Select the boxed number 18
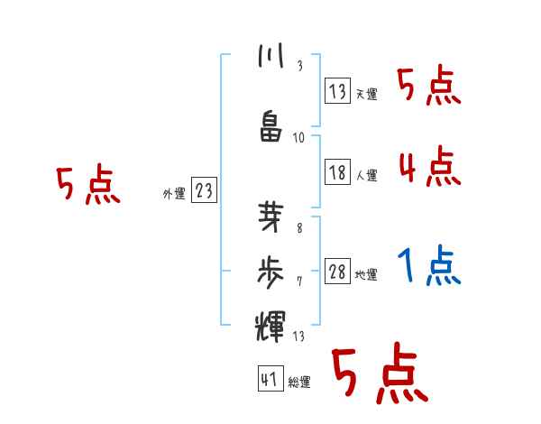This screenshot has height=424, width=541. [338, 172]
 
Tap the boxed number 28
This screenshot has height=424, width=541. [338, 272]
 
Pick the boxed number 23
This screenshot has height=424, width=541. [205, 190]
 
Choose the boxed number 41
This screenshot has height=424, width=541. [269, 379]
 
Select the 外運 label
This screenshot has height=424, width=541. [174, 193]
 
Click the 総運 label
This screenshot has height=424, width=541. [298, 383]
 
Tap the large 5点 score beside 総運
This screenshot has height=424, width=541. [378, 374]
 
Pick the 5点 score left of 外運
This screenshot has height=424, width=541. [87, 185]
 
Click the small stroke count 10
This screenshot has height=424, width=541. [299, 138]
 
